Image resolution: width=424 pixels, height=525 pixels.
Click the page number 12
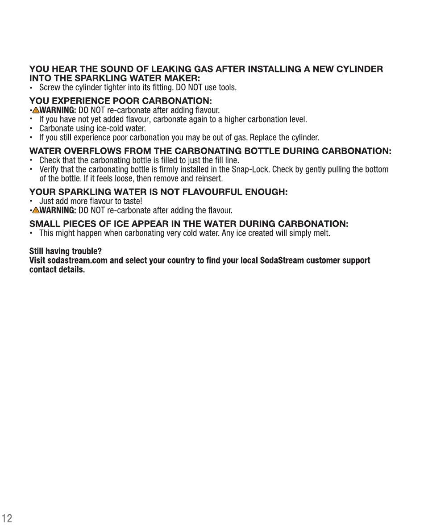point(7,518)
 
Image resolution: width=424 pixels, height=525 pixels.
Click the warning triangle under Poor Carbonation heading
point(35,110)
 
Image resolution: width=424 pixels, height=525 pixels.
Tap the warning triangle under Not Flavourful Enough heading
point(35,210)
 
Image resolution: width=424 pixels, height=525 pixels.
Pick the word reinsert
point(209,179)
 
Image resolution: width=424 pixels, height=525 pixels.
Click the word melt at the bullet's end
point(321,233)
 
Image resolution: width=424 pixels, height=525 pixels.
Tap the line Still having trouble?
point(66,251)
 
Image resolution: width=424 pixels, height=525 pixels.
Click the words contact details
point(57,270)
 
